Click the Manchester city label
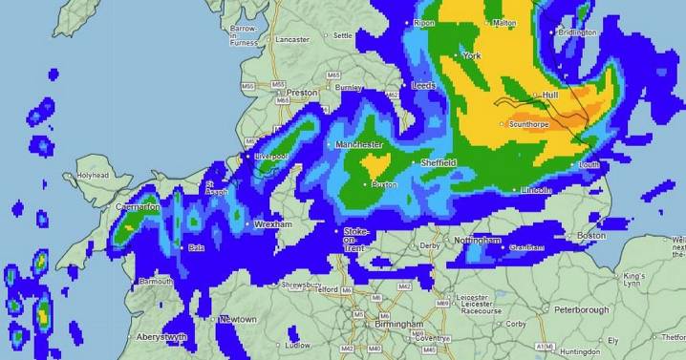(359, 145)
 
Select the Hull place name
(549, 96)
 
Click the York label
(472, 56)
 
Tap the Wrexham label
(272, 224)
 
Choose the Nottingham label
(479, 241)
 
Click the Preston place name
(302, 93)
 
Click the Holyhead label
(93, 176)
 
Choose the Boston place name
(591, 236)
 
